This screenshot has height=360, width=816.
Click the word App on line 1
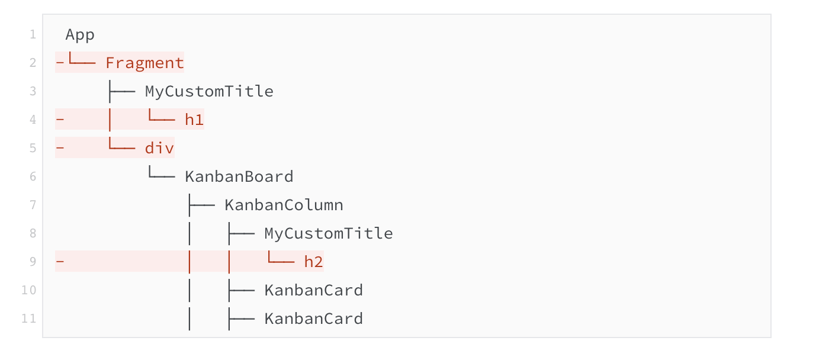tap(80, 35)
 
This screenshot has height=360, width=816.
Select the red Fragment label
tap(144, 63)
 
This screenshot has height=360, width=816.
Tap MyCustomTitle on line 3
tap(209, 91)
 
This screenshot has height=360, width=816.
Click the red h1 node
tap(194, 120)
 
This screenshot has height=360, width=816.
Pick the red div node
tap(159, 148)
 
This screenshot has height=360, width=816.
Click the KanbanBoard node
tap(239, 176)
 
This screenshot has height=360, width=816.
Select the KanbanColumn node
tap(284, 205)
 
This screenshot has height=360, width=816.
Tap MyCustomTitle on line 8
tap(329, 233)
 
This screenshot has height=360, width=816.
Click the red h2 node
tap(314, 262)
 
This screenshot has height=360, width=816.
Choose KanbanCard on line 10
tap(314, 290)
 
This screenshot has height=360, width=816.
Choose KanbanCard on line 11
tap(314, 319)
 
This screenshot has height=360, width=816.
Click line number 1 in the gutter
tap(33, 34)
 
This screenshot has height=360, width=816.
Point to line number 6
tap(33, 176)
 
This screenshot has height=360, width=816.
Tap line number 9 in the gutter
tap(33, 262)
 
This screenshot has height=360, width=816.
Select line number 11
tap(29, 319)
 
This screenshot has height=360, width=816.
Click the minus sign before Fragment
tap(60, 63)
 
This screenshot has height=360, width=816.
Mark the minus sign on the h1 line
tap(60, 120)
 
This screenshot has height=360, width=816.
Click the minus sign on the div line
tap(60, 148)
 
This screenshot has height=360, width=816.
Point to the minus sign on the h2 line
tap(60, 262)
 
